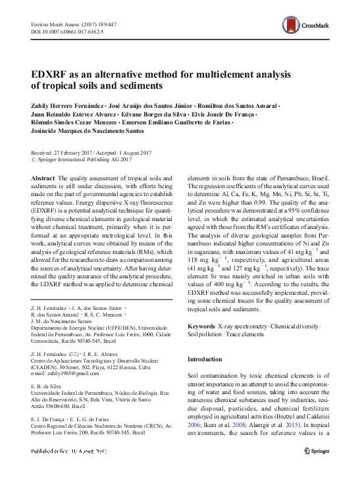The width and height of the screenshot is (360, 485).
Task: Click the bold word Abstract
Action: (43, 178)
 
